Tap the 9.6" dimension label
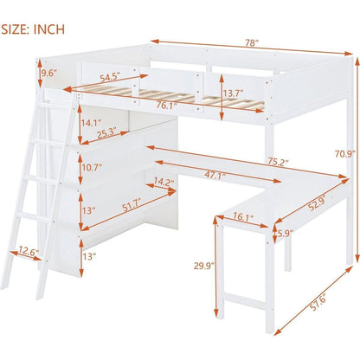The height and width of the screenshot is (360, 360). pyautogui.click(x=48, y=74)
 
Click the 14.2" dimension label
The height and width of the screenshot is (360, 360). pyautogui.click(x=158, y=183)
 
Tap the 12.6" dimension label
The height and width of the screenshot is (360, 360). pyautogui.click(x=28, y=252)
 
